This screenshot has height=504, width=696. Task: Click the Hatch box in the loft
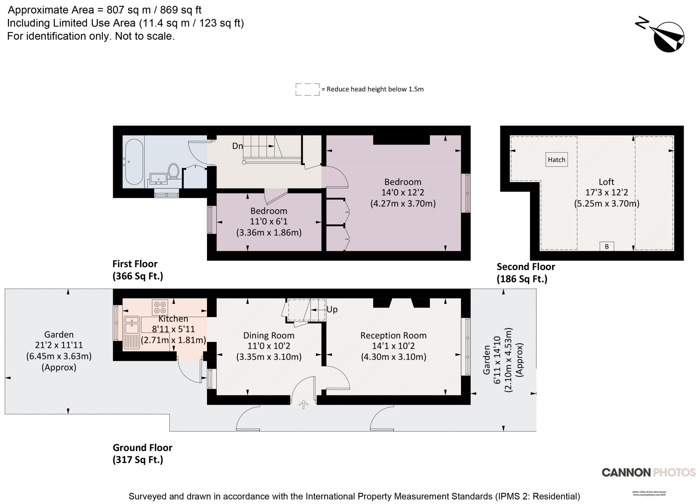coord(556,159)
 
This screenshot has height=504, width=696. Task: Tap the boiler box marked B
coord(607,246)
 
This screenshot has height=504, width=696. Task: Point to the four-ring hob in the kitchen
coord(160,307)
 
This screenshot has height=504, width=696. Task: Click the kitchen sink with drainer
coord(132,332)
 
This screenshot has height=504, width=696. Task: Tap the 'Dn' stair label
coord(237,146)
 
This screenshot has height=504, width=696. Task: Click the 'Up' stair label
coord(332,309)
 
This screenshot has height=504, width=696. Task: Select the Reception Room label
coord(393,335)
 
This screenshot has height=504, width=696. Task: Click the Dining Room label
coord(268,335)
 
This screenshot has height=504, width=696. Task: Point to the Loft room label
coord(606,182)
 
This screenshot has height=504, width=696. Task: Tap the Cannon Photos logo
coord(648,472)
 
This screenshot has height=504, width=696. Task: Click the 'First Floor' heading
coord(135,264)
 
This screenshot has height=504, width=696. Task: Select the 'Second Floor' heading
coord(526,267)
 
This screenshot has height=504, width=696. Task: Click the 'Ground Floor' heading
coord(142,448)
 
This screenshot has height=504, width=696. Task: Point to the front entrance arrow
coord(303,404)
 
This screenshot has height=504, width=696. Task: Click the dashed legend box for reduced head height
coord(307,89)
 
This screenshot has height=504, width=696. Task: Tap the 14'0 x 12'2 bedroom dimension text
coord(403,192)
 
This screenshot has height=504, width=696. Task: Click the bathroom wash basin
coord(158,178)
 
